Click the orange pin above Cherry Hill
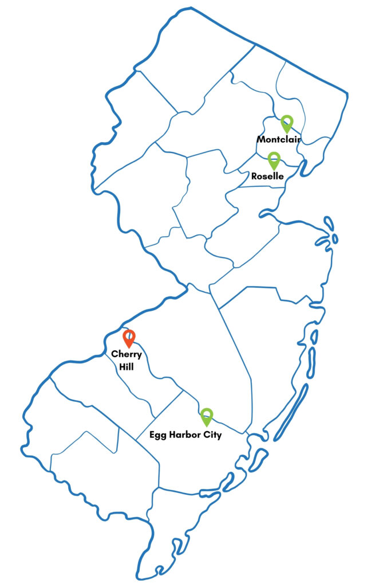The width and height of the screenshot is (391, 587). (129, 337)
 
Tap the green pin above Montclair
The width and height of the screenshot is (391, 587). (287, 124)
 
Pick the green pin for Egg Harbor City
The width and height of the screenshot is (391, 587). (207, 416)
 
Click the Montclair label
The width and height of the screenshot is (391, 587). (279, 139)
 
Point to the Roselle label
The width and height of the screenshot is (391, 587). (268, 176)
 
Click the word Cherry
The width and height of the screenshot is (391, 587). (127, 355)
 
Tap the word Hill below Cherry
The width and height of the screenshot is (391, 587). (127, 366)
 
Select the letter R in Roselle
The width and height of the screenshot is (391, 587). (255, 176)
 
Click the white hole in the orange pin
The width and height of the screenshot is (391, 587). (129, 335)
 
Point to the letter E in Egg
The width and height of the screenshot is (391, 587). (151, 435)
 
